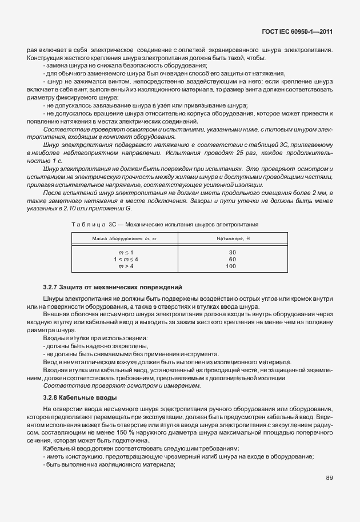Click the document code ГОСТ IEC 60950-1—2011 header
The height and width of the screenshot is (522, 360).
pos(298,32)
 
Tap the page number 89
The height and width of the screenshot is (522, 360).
pos(329,477)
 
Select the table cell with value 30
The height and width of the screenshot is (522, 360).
pos(231,252)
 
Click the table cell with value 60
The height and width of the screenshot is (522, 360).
pos(231,259)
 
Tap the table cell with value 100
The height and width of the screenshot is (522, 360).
pos(231,266)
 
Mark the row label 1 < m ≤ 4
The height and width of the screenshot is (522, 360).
pos(125,259)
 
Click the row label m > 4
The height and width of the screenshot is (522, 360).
pos(125,266)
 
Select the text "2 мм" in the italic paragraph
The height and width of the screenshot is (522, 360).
pos(320,194)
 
